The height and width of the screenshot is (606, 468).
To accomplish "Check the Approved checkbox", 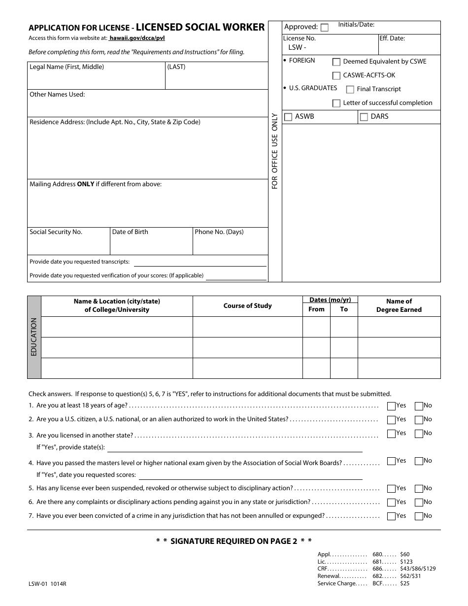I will click(x=325, y=28).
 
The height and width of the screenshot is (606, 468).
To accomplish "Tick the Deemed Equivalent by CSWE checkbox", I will click(x=336, y=62).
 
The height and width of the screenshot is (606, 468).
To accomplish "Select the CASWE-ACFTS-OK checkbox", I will click(x=336, y=76).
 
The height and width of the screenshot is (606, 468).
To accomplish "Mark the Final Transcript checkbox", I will click(x=350, y=90).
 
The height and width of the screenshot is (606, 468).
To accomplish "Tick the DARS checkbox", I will click(x=364, y=117).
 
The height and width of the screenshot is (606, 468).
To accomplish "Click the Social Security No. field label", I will click(x=56, y=232).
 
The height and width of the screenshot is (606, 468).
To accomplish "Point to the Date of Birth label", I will click(x=130, y=232).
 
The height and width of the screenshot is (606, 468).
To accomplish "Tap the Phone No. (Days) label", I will click(x=219, y=232).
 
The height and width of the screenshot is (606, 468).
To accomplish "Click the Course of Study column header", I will click(x=247, y=306).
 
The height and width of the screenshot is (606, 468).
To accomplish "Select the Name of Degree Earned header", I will click(x=399, y=305).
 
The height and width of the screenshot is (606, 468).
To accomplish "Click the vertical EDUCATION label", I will click(x=34, y=337).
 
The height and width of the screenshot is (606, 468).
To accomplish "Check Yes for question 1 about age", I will click(x=391, y=406).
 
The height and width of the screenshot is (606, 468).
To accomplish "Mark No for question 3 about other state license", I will click(x=419, y=434).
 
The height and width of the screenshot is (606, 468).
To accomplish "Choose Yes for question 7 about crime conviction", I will click(x=391, y=516).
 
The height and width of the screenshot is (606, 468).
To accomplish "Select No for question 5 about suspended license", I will click(x=419, y=489).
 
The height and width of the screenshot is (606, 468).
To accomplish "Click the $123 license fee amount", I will click(x=406, y=562).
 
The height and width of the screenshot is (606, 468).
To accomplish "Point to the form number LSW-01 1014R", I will click(x=47, y=584).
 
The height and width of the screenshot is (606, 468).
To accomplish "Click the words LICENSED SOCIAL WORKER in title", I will click(x=201, y=28).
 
